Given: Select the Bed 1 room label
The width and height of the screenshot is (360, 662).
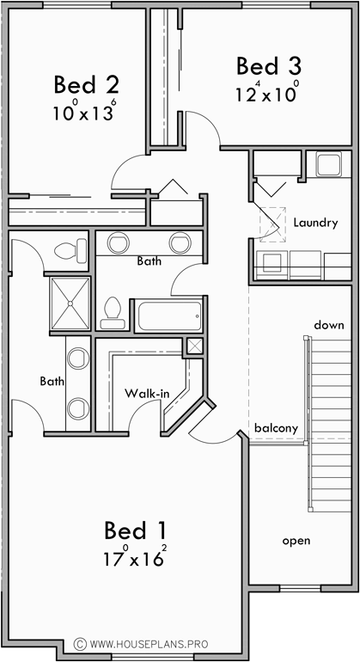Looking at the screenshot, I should (x=136, y=529).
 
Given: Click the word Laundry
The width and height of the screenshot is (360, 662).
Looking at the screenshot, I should (x=314, y=223).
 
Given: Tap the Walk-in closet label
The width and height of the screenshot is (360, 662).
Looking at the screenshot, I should (x=145, y=393).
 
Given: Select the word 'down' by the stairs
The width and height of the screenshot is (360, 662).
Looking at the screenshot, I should (x=328, y=325).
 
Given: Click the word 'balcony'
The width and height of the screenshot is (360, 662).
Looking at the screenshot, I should (x=276, y=427).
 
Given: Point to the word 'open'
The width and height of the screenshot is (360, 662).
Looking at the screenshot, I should (x=296, y=541).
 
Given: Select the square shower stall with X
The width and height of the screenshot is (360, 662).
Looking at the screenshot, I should (x=68, y=303).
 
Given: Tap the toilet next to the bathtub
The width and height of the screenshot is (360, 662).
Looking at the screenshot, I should (x=112, y=313).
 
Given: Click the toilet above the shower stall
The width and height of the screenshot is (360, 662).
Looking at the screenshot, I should (x=70, y=251).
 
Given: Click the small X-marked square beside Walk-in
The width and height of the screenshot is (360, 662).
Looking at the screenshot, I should (x=194, y=346).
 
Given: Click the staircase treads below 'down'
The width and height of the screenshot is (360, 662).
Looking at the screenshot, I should (x=326, y=413).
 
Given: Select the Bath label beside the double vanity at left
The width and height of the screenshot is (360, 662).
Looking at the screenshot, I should (x=52, y=379).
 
